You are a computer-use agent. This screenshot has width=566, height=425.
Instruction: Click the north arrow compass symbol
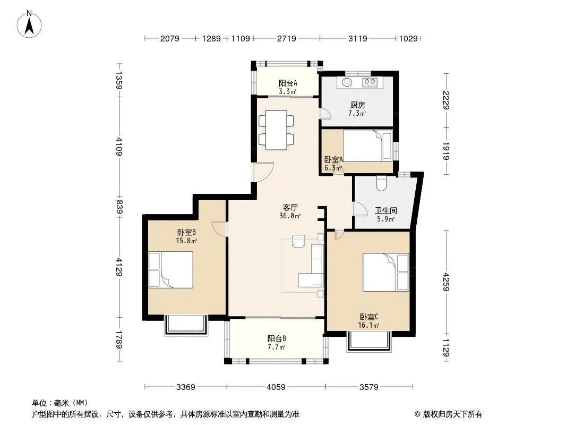tap(29, 24)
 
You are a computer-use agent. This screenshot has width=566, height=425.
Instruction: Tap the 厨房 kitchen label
tap(357, 105)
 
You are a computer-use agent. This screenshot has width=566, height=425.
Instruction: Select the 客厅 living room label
tap(290, 208)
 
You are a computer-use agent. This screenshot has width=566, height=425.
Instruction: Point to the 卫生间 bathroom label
tap(386, 210)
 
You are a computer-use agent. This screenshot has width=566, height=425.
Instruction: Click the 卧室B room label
tap(186, 232)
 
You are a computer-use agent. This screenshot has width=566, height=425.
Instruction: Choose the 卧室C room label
tap(369, 317)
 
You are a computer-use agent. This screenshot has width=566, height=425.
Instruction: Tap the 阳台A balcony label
tap(288, 83)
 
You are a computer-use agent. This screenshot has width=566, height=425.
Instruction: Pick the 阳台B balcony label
tap(277, 339)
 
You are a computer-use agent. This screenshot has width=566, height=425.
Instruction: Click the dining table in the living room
tap(276, 130)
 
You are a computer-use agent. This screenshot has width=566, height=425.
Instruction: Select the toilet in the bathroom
tap(381, 183)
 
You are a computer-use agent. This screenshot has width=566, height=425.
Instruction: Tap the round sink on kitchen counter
tap(347, 82)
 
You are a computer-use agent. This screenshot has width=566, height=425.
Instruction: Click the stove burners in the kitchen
tap(370, 82)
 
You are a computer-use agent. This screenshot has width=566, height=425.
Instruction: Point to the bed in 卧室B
tap(171, 270)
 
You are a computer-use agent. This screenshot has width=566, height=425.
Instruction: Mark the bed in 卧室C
tap(386, 272)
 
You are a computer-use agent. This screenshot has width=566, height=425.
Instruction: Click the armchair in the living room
tap(298, 241)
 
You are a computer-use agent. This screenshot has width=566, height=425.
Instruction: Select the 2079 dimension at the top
tap(170, 38)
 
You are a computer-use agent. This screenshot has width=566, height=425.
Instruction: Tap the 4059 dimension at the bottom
tap(276, 387)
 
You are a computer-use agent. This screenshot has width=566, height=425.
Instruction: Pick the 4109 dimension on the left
tap(119, 146)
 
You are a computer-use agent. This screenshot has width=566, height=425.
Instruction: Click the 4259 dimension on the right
tap(446, 282)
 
